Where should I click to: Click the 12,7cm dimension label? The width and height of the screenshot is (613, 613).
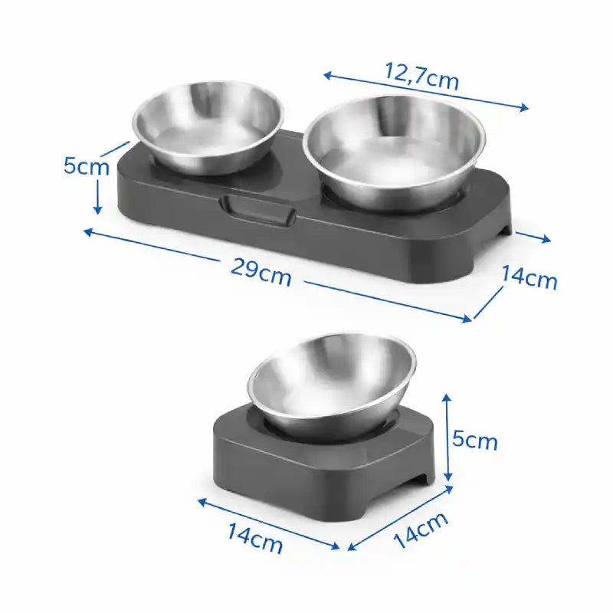coord(422,76)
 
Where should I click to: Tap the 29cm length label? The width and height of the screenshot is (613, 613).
coord(261,273)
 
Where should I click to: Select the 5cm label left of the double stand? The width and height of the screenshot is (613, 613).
coord(87,166)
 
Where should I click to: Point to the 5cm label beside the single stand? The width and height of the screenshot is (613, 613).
coord(474,440)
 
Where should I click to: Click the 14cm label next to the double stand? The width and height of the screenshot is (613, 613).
coord(529,277)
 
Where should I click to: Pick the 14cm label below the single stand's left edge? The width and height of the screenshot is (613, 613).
coord(255,539)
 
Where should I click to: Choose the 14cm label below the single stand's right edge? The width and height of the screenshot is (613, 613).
coord(421,530)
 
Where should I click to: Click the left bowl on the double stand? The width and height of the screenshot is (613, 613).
coord(208,127)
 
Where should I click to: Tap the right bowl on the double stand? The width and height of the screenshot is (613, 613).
coord(394,152)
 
